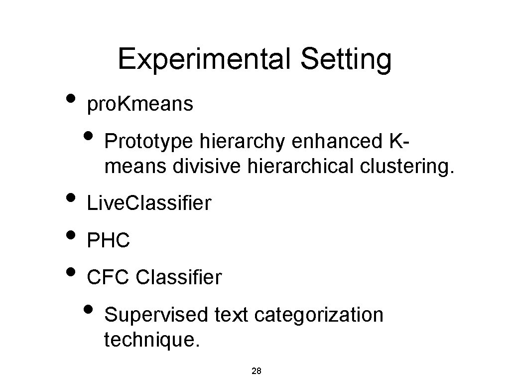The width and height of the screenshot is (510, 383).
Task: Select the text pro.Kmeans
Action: (x=140, y=105)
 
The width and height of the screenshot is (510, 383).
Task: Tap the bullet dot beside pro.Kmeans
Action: (x=71, y=97)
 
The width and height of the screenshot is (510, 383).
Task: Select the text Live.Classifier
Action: (x=149, y=203)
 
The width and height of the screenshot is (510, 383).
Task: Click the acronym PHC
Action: (x=109, y=241)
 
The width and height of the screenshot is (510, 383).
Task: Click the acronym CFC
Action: (x=108, y=277)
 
